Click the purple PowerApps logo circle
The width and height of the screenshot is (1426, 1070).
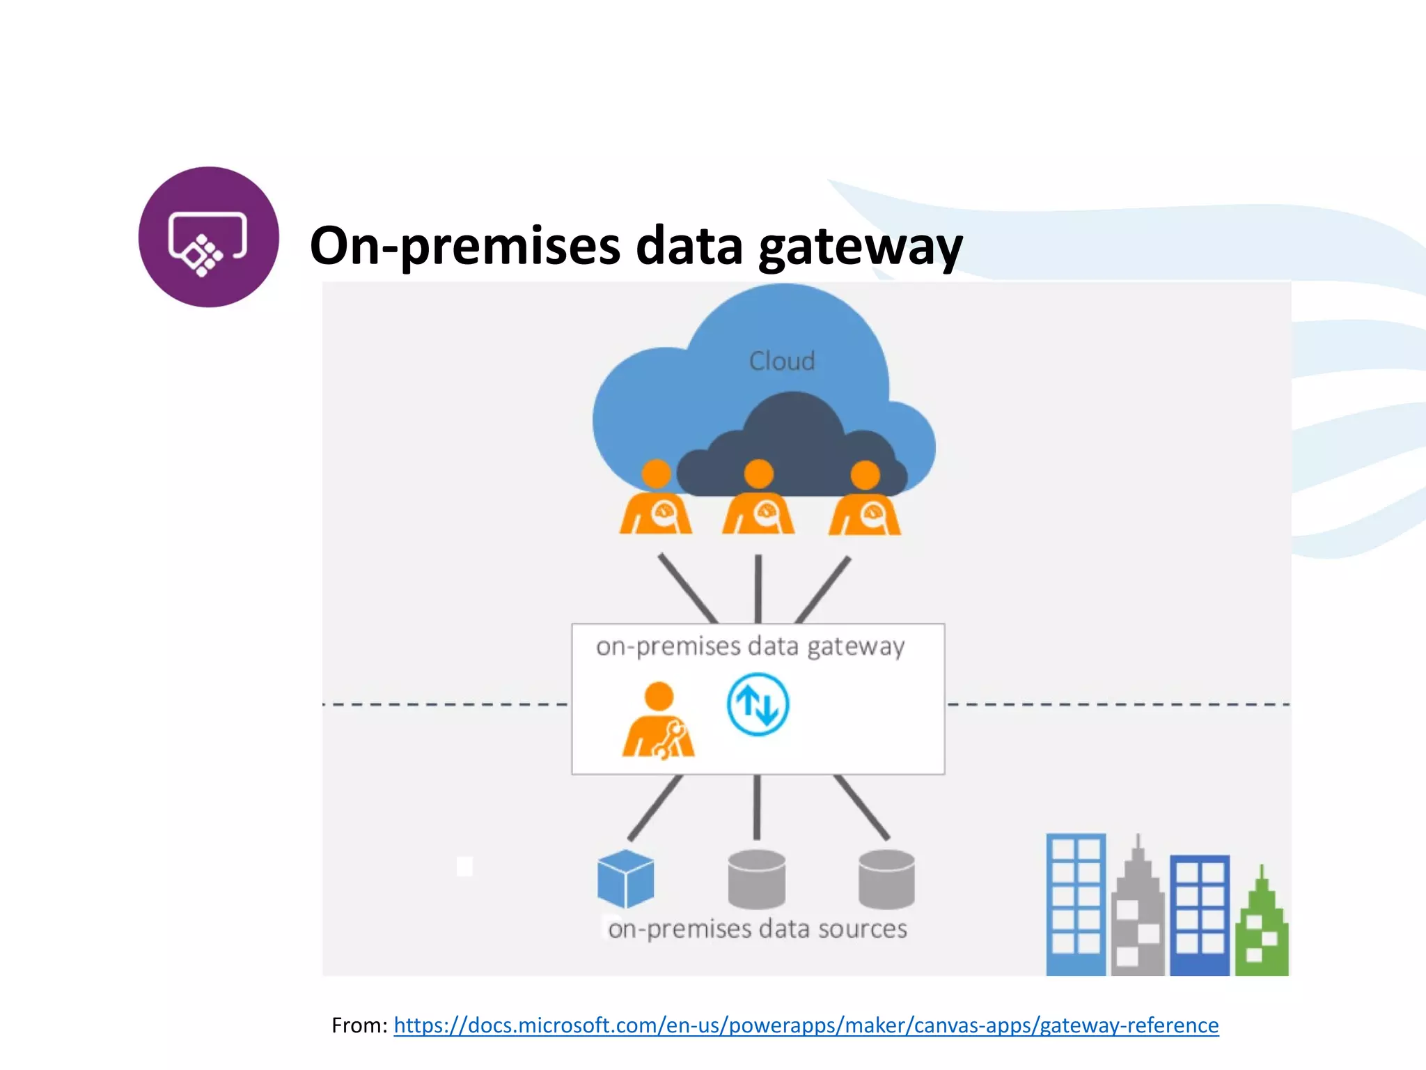pos(208,237)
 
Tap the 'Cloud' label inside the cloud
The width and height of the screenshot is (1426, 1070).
pos(781,361)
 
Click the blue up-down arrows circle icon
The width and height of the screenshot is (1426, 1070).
pos(758,704)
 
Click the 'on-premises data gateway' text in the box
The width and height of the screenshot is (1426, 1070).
pos(750,646)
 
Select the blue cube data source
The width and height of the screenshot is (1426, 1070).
pos(625,879)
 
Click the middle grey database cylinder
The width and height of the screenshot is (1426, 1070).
pos(756,879)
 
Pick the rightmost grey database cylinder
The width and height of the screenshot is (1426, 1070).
pos(886,879)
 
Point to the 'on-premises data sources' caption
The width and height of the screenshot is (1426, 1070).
pos(758,929)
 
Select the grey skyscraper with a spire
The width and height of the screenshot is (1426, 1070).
pos(1138,920)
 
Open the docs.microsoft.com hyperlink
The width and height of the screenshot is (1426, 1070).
pos(806,1025)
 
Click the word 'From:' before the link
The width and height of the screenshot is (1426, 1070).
pos(359,1025)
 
